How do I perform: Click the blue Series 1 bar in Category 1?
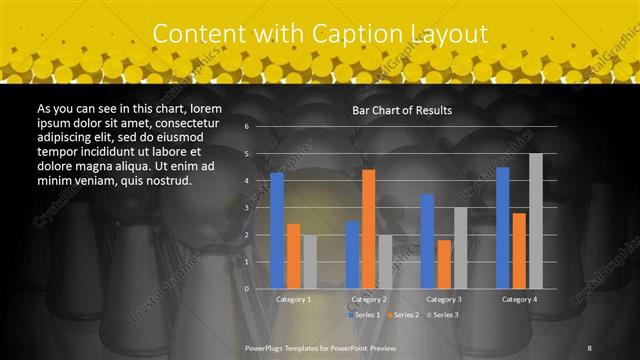(277, 230)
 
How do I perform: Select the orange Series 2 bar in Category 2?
(369, 229)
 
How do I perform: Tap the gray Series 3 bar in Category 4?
(535, 221)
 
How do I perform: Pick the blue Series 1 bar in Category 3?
(427, 241)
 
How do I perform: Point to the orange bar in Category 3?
(444, 264)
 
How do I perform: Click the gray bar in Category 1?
(309, 262)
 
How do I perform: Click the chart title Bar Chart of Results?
(402, 110)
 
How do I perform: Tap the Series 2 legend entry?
(403, 315)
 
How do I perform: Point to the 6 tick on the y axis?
(246, 127)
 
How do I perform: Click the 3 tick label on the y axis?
(246, 208)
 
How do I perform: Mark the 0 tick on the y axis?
(246, 289)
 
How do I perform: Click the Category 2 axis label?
(369, 299)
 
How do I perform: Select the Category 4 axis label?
(519, 299)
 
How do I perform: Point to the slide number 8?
(589, 347)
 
